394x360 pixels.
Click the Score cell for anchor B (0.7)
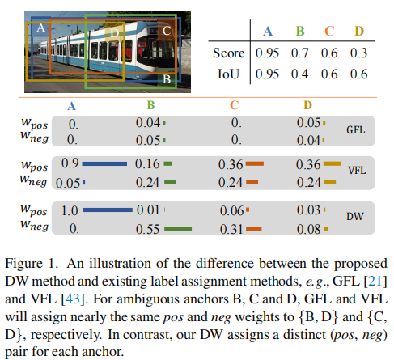[x=299, y=53]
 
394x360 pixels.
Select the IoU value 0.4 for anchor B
[x=299, y=74]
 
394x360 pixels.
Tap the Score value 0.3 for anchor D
[x=358, y=53]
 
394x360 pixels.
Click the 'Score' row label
[x=228, y=53]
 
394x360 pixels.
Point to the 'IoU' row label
[x=228, y=74]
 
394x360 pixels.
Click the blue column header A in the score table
[x=268, y=32]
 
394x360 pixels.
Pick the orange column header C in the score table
[x=329, y=32]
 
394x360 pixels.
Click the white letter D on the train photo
[x=115, y=33]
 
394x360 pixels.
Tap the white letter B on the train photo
[x=167, y=79]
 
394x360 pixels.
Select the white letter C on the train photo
[x=167, y=31]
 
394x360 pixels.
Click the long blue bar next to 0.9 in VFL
[x=104, y=163]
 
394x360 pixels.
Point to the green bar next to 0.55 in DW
[x=178, y=229]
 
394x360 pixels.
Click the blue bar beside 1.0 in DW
[x=108, y=210]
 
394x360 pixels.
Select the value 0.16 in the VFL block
[x=147, y=164]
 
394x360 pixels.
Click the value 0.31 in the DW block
[x=231, y=229]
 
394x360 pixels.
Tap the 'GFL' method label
[x=356, y=130]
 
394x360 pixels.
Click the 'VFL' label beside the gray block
[x=357, y=171]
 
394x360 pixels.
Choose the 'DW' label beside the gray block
[x=355, y=216]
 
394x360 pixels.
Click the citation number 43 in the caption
[x=73, y=299]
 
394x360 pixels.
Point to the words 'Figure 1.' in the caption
[x=32, y=264]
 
